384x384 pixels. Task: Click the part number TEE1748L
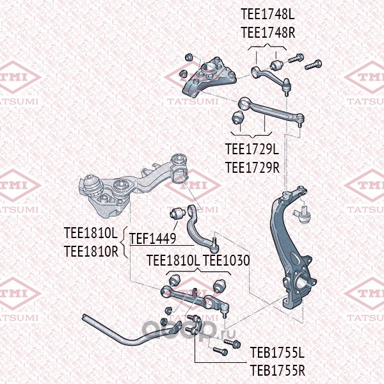pyautogui.click(x=268, y=14)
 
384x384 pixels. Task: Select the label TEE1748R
pyautogui.click(x=268, y=33)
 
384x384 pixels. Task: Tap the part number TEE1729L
pyautogui.click(x=252, y=148)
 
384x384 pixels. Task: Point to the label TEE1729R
pyautogui.click(x=252, y=168)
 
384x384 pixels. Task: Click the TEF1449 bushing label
pyautogui.click(x=152, y=238)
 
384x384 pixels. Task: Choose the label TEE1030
pyautogui.click(x=227, y=260)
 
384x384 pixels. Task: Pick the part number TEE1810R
pyautogui.click(x=91, y=251)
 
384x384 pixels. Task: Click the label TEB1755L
pyautogui.click(x=277, y=353)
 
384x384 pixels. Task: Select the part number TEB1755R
pyautogui.click(x=278, y=371)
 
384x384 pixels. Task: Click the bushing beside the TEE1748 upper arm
pyautogui.click(x=276, y=64)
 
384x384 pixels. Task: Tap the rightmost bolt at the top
pyautogui.click(x=313, y=65)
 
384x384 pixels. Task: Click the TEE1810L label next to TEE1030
pyautogui.click(x=173, y=260)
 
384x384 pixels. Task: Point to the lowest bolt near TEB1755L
pyautogui.click(x=220, y=351)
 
